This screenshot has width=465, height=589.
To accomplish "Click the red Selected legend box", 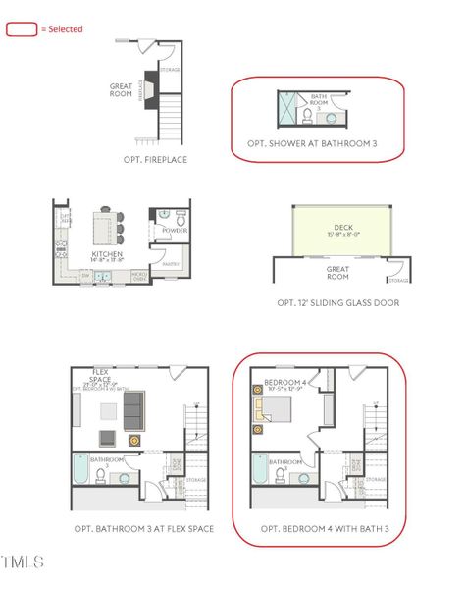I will (x=21, y=29).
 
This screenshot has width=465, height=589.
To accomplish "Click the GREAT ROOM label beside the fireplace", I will (x=121, y=89).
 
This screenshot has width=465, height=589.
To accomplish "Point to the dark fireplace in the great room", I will (x=149, y=85).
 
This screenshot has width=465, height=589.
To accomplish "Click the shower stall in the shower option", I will (x=287, y=109).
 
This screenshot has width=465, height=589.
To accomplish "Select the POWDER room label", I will (x=175, y=231).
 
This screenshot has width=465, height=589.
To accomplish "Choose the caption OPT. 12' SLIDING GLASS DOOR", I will (x=337, y=303).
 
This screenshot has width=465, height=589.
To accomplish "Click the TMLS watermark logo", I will (x=24, y=562).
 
